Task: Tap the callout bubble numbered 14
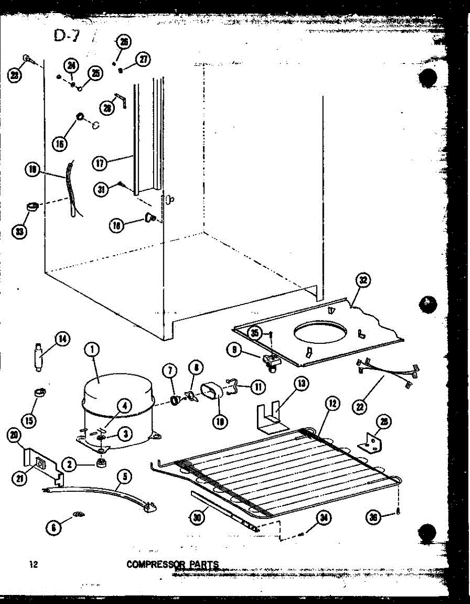pyautogui.click(x=62, y=339)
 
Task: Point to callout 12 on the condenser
pyautogui.click(x=332, y=403)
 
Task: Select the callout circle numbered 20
pyautogui.click(x=15, y=436)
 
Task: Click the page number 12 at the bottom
pyautogui.click(x=34, y=564)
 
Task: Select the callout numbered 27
pyautogui.click(x=144, y=59)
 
